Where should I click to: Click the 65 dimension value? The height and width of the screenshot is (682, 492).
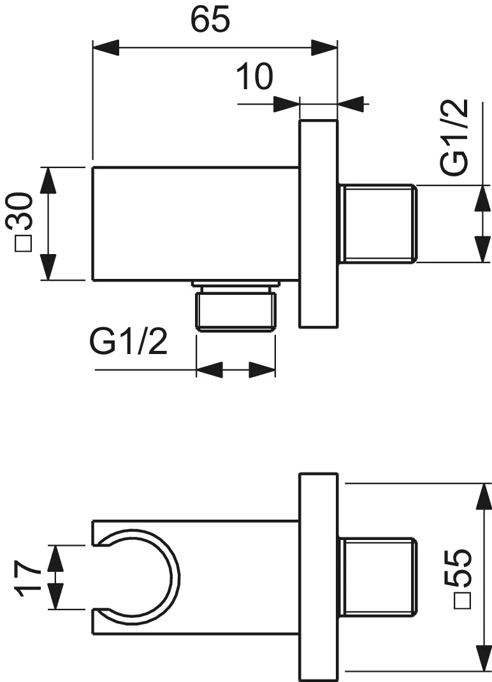210,20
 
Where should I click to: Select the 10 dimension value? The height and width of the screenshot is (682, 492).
254,77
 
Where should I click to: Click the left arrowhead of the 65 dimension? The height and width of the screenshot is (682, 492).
106,48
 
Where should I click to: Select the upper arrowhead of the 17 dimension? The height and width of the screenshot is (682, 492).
57,558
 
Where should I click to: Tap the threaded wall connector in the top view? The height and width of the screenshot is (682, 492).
377,223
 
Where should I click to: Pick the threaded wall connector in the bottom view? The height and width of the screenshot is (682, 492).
377,578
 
